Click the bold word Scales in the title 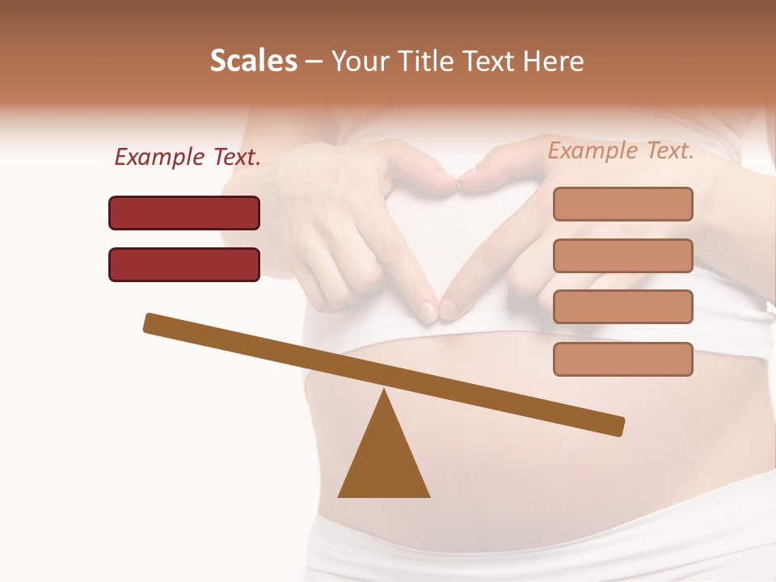coord(253,61)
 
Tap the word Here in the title coord(554,61)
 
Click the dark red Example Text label coord(188,157)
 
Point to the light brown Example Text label coord(621,150)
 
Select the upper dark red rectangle coord(184,213)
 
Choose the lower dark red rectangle coord(184,264)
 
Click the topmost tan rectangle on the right coord(622,204)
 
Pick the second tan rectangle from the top coord(622,255)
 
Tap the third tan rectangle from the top coord(622,307)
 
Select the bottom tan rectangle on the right coord(622,359)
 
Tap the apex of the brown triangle coord(385,393)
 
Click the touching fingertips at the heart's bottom coord(437,310)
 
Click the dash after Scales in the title coord(314,61)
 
